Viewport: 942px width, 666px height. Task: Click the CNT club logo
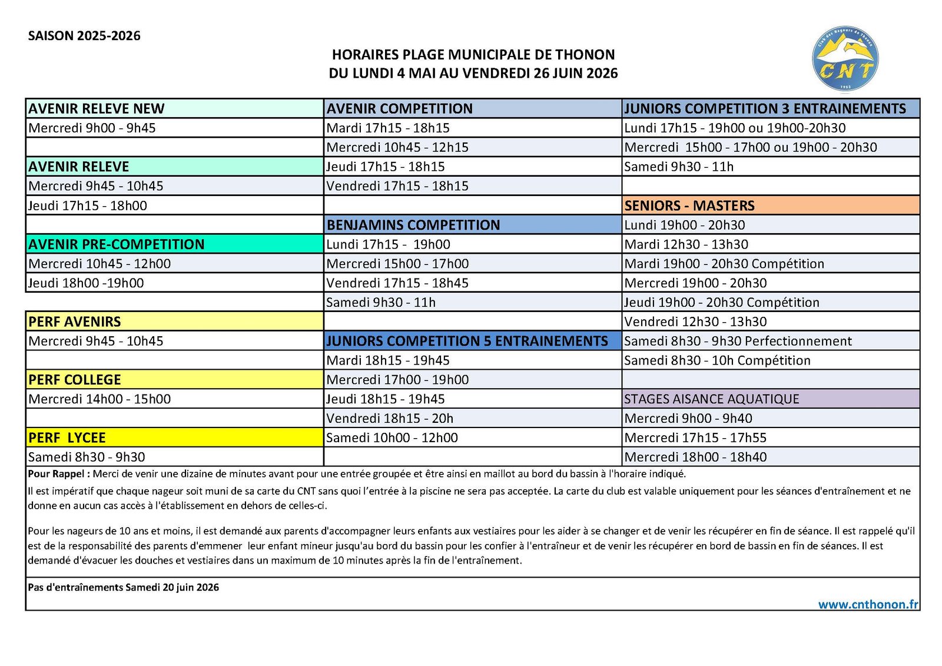(x=845, y=58)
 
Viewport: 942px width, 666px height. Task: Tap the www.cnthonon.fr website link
(x=868, y=604)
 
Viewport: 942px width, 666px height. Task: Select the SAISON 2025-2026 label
(x=84, y=36)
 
